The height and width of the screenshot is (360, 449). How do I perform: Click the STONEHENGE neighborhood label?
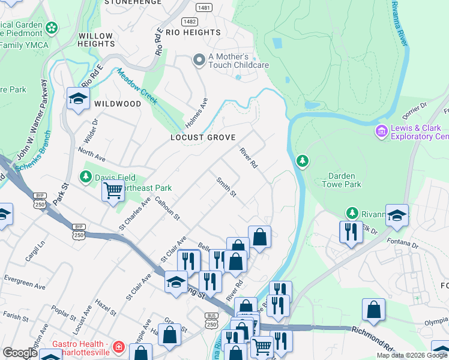click(x=133, y=2)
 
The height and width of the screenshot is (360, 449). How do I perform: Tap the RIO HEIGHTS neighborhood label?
click(x=193, y=32)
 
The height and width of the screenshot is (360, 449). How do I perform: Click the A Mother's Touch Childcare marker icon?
click(x=199, y=60)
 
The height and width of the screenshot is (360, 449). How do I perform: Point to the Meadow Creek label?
click(x=137, y=87)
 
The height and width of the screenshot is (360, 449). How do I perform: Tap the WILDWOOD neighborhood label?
click(x=117, y=104)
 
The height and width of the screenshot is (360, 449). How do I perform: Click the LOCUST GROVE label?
click(x=203, y=137)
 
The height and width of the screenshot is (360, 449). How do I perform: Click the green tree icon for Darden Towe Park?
click(x=303, y=160)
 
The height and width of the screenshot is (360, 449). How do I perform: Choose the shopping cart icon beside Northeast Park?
click(x=113, y=191)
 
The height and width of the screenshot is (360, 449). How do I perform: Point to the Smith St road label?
click(x=226, y=187)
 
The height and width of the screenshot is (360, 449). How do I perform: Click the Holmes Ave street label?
click(x=196, y=113)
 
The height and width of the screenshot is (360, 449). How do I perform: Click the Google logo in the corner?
click(x=20, y=353)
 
